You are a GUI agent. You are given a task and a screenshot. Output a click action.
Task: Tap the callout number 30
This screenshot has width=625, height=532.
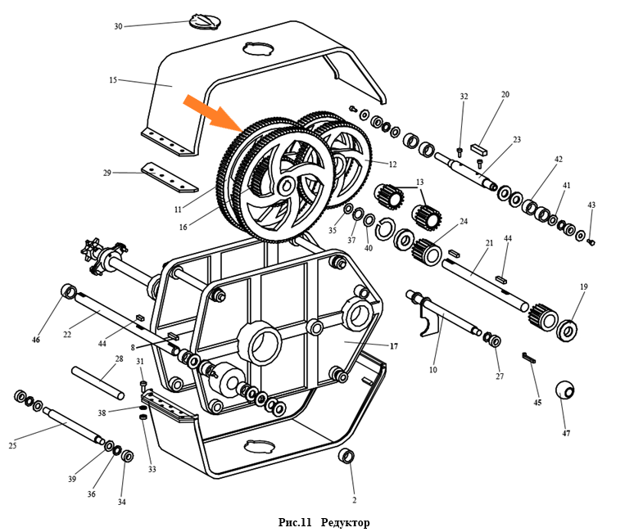pos(118,26)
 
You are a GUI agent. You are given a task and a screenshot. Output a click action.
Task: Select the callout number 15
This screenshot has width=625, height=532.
pos(113,80)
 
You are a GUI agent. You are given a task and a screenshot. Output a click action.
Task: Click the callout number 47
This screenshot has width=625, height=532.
pos(566,433)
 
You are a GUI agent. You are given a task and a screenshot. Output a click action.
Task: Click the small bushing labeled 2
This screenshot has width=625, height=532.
pos(347,456)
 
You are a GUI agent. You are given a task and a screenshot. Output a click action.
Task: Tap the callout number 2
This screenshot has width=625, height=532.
pos(354,499)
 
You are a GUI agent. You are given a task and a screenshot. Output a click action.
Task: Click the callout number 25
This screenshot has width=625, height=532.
pos(12,445)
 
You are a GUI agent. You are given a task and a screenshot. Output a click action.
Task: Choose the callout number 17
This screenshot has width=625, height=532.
pos(393,346)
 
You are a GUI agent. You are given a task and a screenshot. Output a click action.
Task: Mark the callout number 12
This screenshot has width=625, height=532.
pos(392,165)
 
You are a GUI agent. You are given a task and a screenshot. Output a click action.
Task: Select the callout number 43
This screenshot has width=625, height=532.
pos(591,205)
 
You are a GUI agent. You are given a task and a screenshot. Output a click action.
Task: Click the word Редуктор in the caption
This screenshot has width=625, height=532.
pos(346,522)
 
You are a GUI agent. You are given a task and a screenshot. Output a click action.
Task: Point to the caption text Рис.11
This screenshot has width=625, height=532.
pos(296,522)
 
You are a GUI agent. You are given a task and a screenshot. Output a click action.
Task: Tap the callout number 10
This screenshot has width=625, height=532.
pos(433,370)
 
